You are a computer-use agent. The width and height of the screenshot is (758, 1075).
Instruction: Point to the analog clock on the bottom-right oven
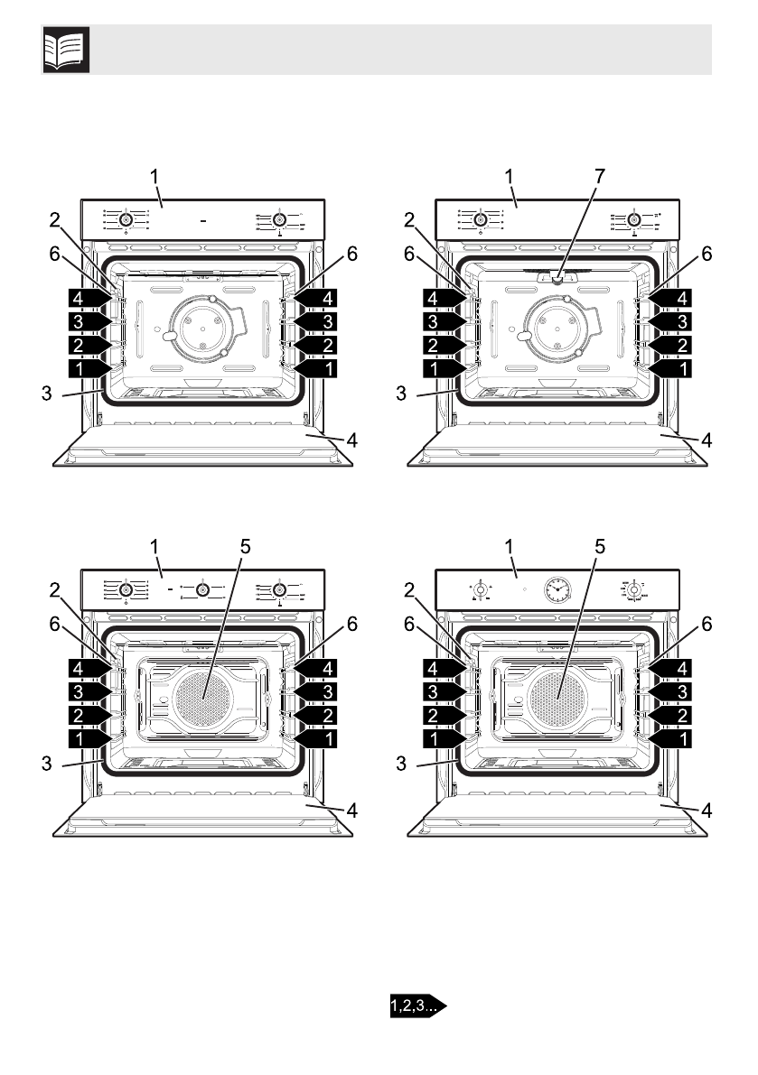(x=557, y=591)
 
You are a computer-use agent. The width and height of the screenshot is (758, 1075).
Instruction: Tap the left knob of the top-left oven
(x=126, y=219)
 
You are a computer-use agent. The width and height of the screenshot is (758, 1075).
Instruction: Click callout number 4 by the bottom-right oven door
(x=707, y=811)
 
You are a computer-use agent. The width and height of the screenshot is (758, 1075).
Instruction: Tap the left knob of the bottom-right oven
(x=482, y=591)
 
